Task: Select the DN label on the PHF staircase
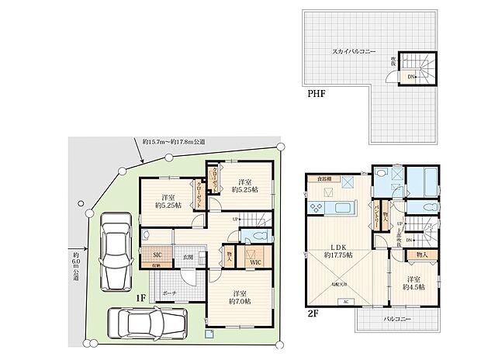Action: point(410,76)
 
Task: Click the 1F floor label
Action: point(142,297)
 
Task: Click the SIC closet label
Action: point(156,254)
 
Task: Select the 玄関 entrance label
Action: point(189,257)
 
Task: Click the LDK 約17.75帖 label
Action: point(337,250)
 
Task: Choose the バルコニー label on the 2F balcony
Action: point(396,319)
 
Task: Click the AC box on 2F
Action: point(345,301)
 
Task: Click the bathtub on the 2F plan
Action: point(422,183)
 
